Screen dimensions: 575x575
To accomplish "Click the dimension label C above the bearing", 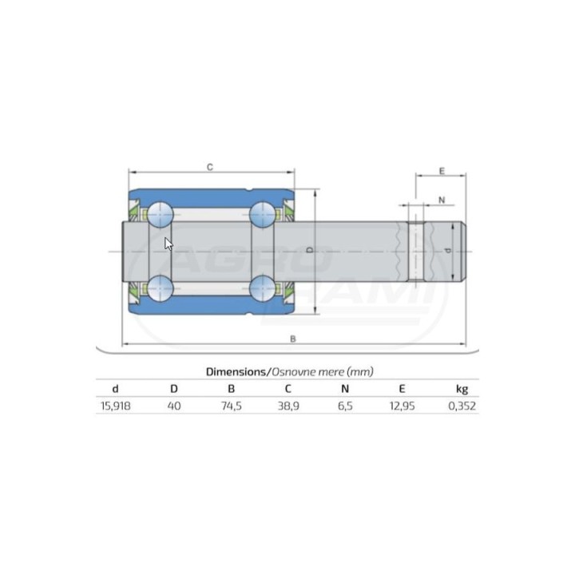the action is click(x=210, y=167).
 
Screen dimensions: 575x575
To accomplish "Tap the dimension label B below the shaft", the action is click(x=292, y=339).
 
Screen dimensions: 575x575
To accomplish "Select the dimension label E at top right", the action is click(x=442, y=171).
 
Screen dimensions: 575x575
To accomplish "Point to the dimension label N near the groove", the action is click(x=442, y=200).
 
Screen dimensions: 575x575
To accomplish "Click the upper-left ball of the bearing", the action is click(x=161, y=214).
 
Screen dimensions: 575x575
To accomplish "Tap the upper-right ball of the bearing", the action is click(x=262, y=214).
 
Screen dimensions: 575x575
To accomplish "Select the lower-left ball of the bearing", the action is click(x=161, y=288).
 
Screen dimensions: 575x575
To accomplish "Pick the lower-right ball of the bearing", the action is click(x=262, y=288).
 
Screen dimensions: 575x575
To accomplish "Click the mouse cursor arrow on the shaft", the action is click(x=169, y=244).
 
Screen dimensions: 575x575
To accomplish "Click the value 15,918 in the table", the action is click(x=116, y=406).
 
